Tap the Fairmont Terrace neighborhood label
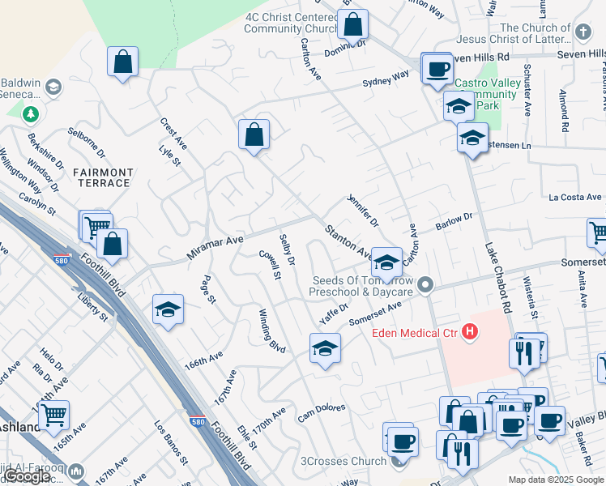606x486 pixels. [x=102, y=177]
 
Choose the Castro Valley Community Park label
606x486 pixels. [x=486, y=94]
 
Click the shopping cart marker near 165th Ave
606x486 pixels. [x=53, y=414]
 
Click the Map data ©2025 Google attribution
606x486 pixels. [x=556, y=480]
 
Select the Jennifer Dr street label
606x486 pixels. [x=362, y=210]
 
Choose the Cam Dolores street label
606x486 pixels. [x=321, y=412]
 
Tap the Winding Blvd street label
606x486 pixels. [x=272, y=330]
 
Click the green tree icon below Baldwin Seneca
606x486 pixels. [x=31, y=114]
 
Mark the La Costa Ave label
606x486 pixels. [x=575, y=197]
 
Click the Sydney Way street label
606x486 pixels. [x=386, y=79]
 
